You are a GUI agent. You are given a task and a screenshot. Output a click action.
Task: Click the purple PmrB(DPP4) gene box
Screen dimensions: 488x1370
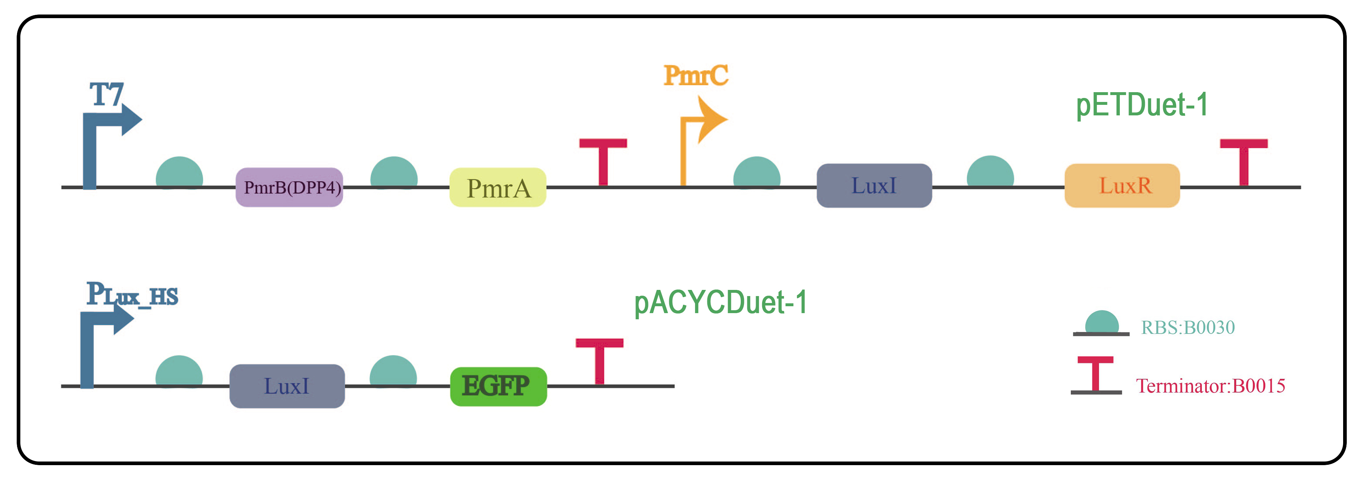pyautogui.click(x=289, y=187)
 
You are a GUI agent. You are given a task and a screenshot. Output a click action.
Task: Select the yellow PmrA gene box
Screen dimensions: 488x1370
pyautogui.click(x=498, y=187)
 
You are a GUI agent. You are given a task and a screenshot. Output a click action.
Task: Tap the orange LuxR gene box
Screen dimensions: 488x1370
pyautogui.click(x=1122, y=185)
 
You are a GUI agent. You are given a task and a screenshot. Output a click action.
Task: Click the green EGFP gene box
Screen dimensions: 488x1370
pyautogui.click(x=498, y=386)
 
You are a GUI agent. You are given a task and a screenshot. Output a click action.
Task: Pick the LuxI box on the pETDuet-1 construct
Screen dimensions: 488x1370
pyautogui.click(x=874, y=185)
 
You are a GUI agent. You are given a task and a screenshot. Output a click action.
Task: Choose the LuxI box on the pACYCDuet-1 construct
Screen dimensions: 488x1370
pyautogui.click(x=286, y=386)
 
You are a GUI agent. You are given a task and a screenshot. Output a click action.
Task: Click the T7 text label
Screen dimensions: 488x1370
pyautogui.click(x=107, y=95)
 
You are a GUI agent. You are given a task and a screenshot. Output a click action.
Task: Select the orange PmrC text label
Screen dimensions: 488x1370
pyautogui.click(x=696, y=75)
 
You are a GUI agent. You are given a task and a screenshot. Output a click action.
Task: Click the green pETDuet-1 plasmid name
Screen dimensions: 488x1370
pyautogui.click(x=1142, y=105)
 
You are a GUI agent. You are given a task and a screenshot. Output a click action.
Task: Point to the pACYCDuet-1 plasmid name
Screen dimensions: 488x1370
pyautogui.click(x=721, y=303)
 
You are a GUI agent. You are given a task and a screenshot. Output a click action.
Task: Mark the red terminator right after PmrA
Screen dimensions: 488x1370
pyautogui.click(x=603, y=160)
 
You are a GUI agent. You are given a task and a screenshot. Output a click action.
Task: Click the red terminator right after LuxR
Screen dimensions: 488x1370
pyautogui.click(x=1243, y=160)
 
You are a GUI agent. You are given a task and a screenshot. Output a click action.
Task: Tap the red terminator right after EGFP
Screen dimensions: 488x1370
pyautogui.click(x=599, y=359)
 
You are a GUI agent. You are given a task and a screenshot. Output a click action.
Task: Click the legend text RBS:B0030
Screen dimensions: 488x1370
pyautogui.click(x=1188, y=328)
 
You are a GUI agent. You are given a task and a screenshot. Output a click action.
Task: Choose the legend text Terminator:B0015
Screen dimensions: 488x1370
pyautogui.click(x=1210, y=386)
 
